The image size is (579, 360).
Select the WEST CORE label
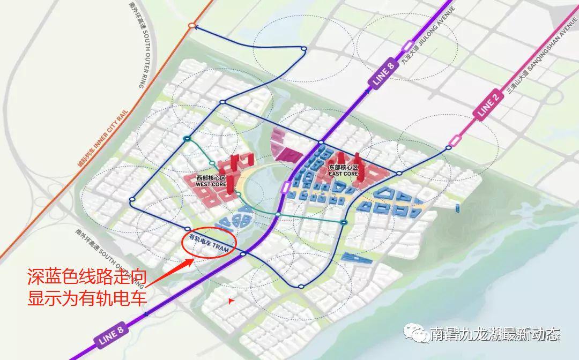(211, 181)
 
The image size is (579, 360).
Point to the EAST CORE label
(343, 171)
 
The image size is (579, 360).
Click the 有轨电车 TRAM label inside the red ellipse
(209, 243)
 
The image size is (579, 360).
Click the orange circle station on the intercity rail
(191, 26)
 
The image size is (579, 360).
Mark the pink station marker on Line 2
(456, 141)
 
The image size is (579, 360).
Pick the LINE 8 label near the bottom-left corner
(110, 335)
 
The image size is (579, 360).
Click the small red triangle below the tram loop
(231, 301)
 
